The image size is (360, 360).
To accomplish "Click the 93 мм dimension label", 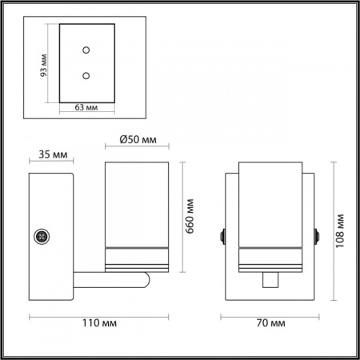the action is point(43,66).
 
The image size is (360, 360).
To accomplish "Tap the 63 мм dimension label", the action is point(86,107).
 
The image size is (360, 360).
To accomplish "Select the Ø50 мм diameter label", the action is point(138,139).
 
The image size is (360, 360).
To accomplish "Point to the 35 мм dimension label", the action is point(53,154).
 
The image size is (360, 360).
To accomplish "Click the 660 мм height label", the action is point(190,216).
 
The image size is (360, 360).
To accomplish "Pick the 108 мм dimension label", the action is point(340,230).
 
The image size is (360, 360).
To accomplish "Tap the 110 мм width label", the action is point(99,323).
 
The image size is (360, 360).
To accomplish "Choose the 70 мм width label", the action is point(270,323).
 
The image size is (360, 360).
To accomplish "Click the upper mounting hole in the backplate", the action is point(86,50).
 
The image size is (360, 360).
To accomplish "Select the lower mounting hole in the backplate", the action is point(86,76).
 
